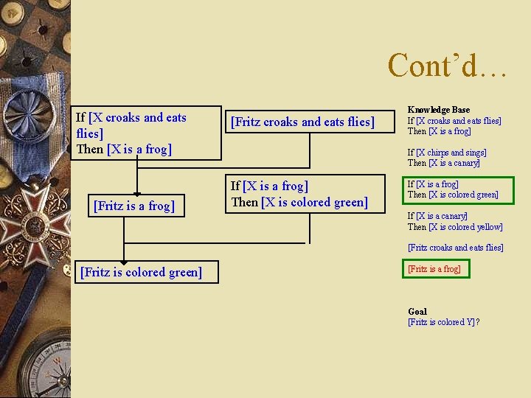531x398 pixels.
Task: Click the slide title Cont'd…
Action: click(447, 65)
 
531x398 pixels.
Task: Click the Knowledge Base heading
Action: click(438, 110)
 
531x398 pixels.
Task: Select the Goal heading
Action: click(417, 312)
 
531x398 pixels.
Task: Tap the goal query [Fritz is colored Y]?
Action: click(443, 322)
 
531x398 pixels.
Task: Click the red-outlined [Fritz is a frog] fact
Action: click(434, 269)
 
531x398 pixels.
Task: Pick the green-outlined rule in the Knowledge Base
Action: click(453, 190)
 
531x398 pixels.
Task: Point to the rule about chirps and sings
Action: click(447, 158)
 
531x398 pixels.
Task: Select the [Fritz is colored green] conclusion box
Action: click(140, 273)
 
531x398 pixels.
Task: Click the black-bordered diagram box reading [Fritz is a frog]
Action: click(134, 206)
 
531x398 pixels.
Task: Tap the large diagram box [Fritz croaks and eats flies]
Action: click(302, 122)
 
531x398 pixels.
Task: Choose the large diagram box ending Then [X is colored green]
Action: click(304, 194)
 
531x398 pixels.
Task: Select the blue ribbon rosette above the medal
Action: click(37, 140)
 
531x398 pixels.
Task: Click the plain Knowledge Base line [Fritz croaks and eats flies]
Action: click(455, 248)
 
